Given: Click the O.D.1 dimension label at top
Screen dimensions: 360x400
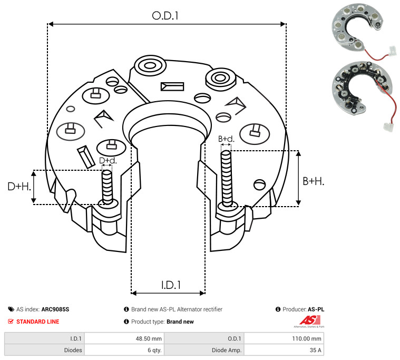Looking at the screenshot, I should tap(165, 16).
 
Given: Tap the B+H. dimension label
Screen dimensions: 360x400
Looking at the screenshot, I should tap(313, 181).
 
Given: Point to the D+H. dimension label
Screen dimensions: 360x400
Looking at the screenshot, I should tap(19, 186).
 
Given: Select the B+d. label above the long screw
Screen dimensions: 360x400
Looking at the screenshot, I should tap(226, 139).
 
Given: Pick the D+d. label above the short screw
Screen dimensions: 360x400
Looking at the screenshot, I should tap(108, 160).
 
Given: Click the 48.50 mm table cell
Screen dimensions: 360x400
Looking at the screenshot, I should tap(149, 338).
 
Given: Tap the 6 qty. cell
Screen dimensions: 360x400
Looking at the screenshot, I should tap(154, 349).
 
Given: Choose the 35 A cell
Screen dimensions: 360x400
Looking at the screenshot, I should tap(316, 349).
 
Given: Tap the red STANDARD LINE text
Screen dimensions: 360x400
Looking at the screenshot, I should tap(37, 322).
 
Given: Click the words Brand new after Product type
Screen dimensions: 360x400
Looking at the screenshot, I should tap(180, 322).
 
